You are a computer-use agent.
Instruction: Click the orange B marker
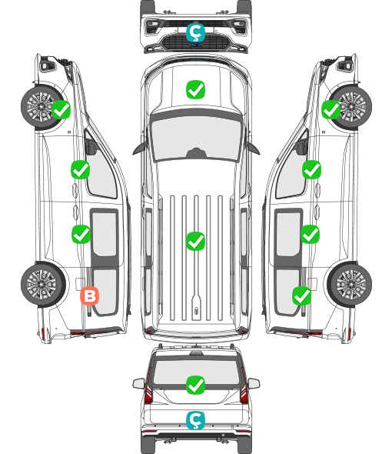click(x=90, y=296)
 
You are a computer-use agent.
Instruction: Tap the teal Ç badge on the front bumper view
click(x=195, y=32)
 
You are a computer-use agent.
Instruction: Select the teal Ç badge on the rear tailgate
click(x=195, y=420)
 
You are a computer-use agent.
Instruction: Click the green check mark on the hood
click(x=195, y=89)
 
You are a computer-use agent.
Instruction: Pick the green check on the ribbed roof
click(x=195, y=241)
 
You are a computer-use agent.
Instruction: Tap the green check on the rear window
click(x=195, y=385)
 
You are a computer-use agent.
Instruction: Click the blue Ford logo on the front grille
click(x=196, y=45)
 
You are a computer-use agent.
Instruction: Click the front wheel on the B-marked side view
click(x=42, y=107)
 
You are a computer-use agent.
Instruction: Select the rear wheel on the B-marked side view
click(x=43, y=284)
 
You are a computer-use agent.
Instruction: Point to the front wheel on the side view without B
click(x=350, y=107)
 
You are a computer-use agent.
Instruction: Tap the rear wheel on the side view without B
click(x=350, y=284)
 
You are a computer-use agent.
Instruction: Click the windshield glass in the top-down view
click(x=196, y=138)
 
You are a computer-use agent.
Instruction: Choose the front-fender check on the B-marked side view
click(x=61, y=109)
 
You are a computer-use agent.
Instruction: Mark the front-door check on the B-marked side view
click(x=81, y=169)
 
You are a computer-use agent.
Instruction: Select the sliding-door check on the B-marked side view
click(x=81, y=234)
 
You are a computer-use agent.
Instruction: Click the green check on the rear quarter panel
click(x=302, y=296)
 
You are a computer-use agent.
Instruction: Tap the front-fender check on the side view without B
click(x=331, y=109)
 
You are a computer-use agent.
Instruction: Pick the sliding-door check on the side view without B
click(x=310, y=234)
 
